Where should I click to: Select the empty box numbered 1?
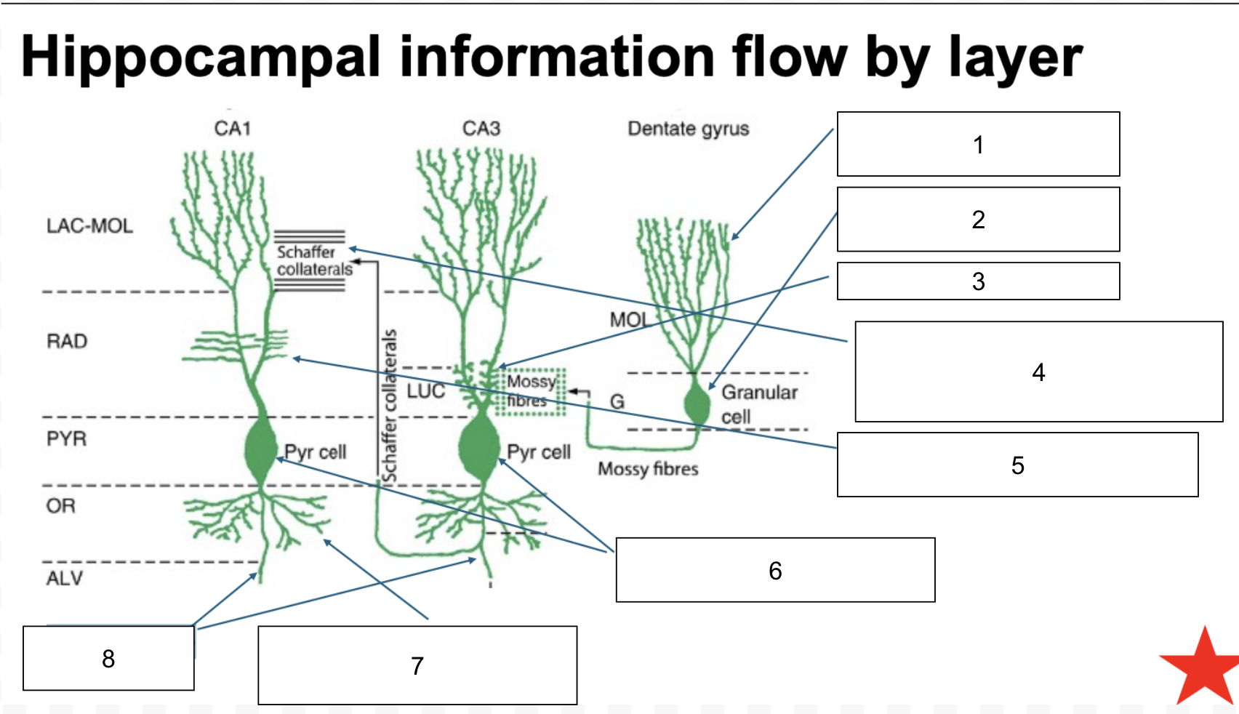(978, 144)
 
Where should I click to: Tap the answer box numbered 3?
(978, 281)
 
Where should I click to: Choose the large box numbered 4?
(1038, 372)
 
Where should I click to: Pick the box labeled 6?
(775, 570)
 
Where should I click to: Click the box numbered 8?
(108, 658)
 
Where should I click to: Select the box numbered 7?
(417, 665)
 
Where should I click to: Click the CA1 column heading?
(233, 129)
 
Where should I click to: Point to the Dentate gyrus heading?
(688, 129)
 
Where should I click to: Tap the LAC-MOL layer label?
(89, 226)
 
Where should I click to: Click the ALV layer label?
(65, 579)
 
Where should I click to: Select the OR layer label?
(61, 506)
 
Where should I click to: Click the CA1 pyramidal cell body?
(260, 449)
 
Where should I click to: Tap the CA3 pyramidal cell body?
(479, 447)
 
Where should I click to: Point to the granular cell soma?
(697, 405)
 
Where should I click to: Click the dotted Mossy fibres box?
(531, 392)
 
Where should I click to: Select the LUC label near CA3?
(425, 392)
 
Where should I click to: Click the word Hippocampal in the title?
(200, 57)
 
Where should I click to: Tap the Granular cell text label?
(758, 404)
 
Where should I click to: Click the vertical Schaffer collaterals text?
(390, 406)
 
